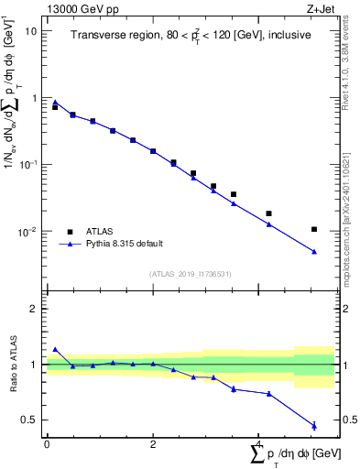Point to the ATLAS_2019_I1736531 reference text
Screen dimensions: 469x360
point(190,274)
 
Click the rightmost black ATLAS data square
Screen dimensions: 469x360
point(314,229)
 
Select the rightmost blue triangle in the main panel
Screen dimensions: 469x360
point(314,252)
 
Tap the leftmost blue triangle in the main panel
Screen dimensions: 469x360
point(55,103)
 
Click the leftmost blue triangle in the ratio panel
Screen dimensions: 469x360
point(55,349)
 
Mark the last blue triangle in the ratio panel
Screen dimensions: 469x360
point(314,425)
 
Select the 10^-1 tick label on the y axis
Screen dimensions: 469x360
point(28,164)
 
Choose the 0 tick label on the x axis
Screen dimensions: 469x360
point(47,444)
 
